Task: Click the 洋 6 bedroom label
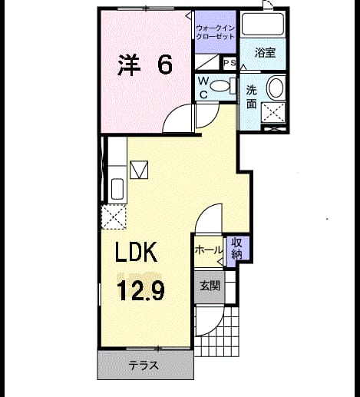(x=145, y=65)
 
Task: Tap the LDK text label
(x=136, y=252)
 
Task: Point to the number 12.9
(x=140, y=290)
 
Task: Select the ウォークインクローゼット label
(x=215, y=32)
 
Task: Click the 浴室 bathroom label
(x=265, y=52)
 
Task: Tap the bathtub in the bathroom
(x=263, y=24)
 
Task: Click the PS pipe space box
(x=230, y=63)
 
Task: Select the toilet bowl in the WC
(x=220, y=86)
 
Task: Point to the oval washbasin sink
(x=276, y=88)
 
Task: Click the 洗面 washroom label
(x=252, y=97)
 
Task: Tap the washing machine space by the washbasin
(x=273, y=113)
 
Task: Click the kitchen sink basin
(x=117, y=189)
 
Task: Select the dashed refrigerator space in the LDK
(x=114, y=217)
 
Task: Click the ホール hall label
(x=208, y=250)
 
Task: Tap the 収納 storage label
(x=236, y=248)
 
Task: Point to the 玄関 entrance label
(x=210, y=286)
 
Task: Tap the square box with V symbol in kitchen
(x=139, y=170)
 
